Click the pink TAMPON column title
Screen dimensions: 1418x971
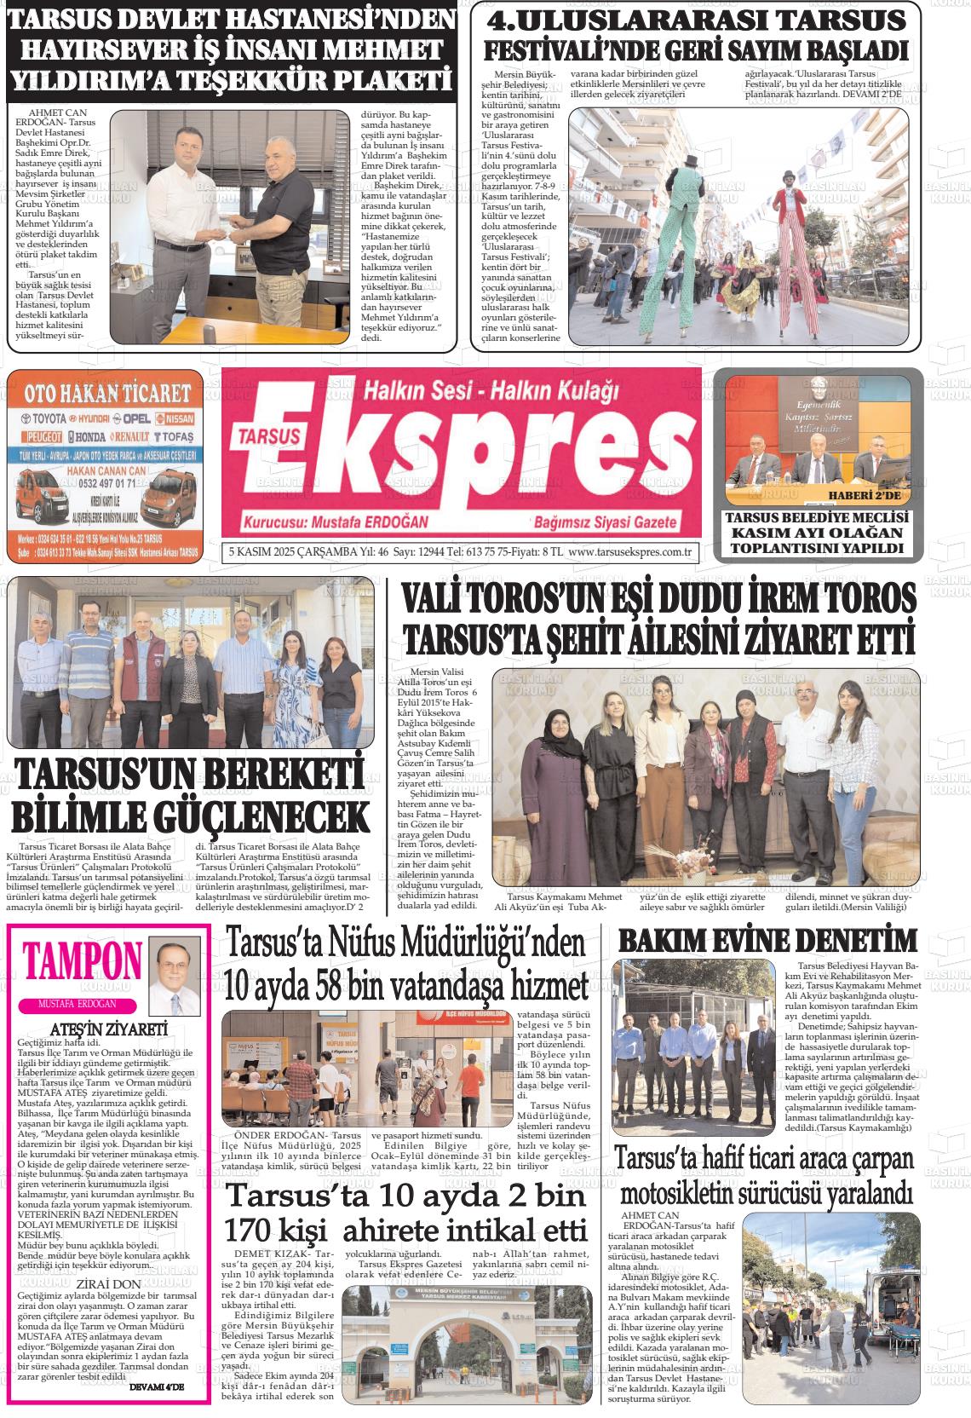point(83,962)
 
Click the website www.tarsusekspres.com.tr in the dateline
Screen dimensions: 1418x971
point(629,551)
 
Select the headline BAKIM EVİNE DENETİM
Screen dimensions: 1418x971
point(767,941)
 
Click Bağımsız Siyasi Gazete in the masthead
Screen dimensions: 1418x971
point(604,522)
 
